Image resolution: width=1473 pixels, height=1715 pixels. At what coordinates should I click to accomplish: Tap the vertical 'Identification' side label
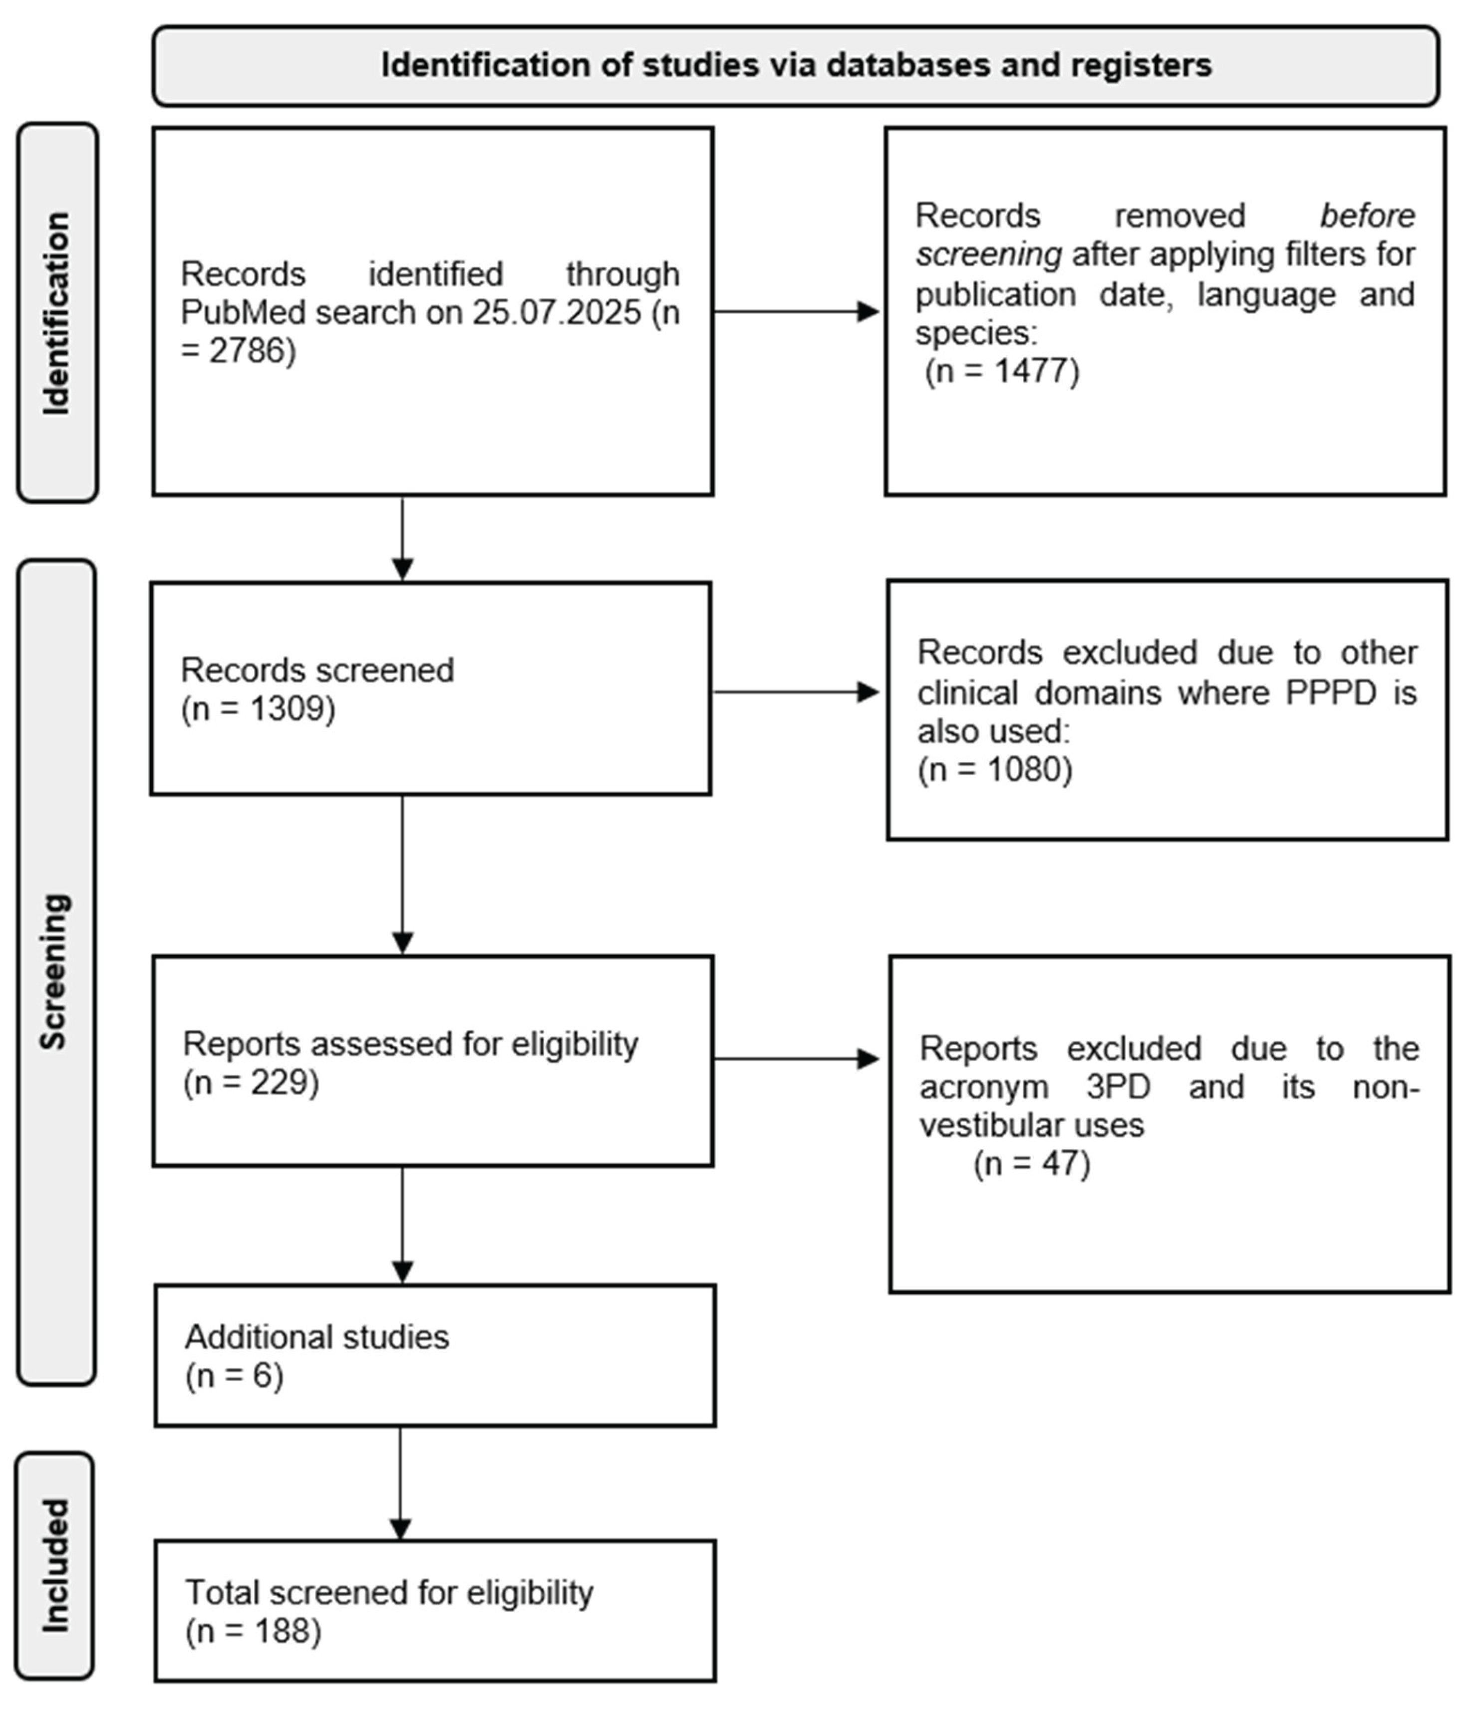[56, 313]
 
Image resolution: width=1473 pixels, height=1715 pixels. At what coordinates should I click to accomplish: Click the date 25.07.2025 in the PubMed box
[557, 313]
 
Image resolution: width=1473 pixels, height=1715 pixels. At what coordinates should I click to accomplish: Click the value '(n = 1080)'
[994, 770]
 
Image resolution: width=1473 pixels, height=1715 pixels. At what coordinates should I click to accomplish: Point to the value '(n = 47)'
[1032, 1164]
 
